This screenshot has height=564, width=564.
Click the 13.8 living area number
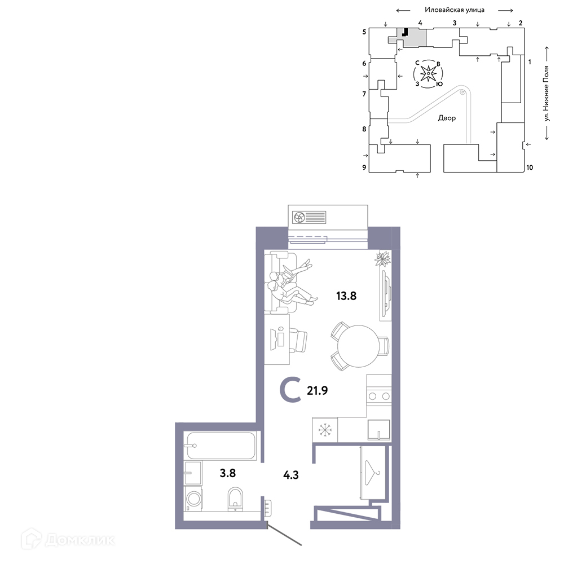[346, 296]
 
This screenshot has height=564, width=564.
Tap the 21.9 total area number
[317, 390]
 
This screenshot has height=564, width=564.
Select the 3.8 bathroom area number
[228, 473]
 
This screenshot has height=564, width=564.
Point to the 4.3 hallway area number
[290, 475]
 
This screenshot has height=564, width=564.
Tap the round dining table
[358, 346]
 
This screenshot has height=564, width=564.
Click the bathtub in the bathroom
[221, 446]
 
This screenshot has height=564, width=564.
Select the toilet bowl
[235, 499]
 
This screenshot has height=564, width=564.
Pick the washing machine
[193, 499]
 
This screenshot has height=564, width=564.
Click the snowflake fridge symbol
[325, 429]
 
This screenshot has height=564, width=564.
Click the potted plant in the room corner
[382, 258]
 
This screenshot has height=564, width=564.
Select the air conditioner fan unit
[309, 217]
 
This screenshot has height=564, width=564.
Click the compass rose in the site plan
[428, 74]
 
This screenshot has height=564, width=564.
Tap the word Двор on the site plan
[447, 118]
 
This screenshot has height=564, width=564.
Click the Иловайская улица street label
[455, 10]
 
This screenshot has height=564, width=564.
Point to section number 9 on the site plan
[364, 168]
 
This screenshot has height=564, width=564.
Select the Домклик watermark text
[80, 540]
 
